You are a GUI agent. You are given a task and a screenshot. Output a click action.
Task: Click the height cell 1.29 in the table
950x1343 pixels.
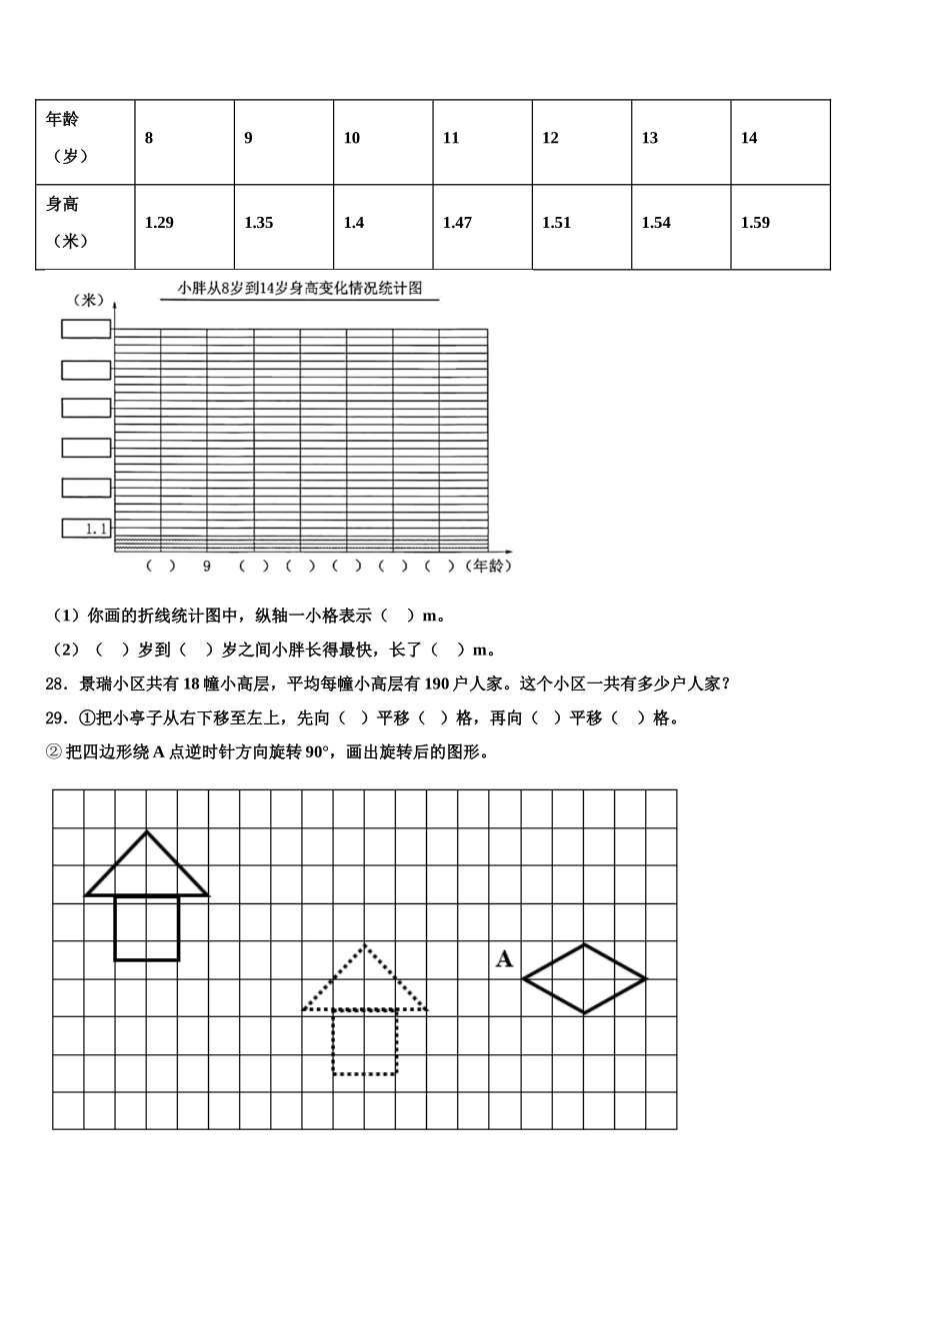pyautogui.click(x=159, y=223)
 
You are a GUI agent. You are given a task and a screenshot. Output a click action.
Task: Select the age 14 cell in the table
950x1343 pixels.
pyautogui.click(x=749, y=138)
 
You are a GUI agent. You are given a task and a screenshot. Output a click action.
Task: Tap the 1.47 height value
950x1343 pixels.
pyautogui.click(x=457, y=223)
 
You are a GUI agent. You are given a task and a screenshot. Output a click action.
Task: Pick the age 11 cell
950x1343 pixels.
pyautogui.click(x=451, y=138)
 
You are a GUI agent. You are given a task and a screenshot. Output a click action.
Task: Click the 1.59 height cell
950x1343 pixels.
pyautogui.click(x=755, y=223)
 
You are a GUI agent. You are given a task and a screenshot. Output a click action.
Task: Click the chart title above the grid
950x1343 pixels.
pyautogui.click(x=300, y=289)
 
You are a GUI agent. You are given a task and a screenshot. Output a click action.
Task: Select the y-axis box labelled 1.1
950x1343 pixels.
pyautogui.click(x=86, y=529)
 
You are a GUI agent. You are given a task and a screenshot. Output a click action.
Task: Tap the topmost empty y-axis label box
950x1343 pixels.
pyautogui.click(x=86, y=329)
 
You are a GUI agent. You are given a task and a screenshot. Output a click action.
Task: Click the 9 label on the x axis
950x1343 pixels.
pyautogui.click(x=207, y=567)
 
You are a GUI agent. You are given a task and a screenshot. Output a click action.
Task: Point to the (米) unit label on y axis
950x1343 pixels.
pyautogui.click(x=88, y=300)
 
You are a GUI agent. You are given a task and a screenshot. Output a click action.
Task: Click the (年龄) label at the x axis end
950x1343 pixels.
pyautogui.click(x=488, y=567)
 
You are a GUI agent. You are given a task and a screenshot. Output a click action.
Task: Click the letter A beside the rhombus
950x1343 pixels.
pyautogui.click(x=504, y=959)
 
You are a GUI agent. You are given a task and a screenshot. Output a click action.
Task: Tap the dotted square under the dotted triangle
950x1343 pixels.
pyautogui.click(x=364, y=1042)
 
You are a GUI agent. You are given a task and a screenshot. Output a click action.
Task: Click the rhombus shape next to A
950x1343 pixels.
pyautogui.click(x=584, y=978)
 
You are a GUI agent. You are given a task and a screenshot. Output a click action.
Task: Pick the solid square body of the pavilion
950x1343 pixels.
pyautogui.click(x=147, y=928)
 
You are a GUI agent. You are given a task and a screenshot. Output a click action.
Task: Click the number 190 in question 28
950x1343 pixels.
pyautogui.click(x=438, y=684)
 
